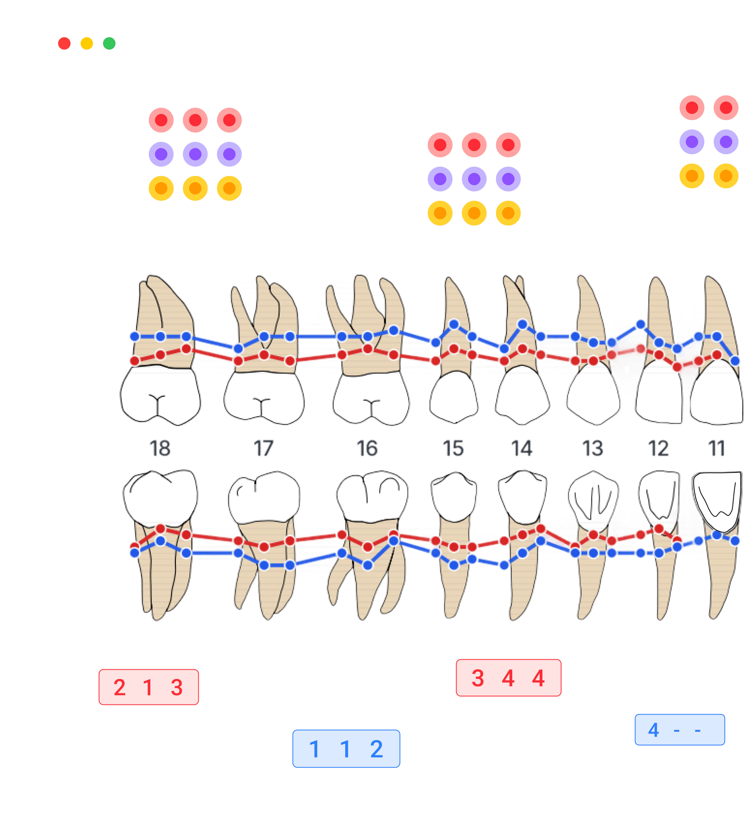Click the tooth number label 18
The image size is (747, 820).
[x=160, y=449]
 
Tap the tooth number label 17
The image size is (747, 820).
[x=263, y=449]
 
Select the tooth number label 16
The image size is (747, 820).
[x=367, y=449]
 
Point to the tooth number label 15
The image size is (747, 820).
[x=453, y=449]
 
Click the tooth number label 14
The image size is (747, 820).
[x=522, y=449]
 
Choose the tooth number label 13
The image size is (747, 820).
[x=592, y=449]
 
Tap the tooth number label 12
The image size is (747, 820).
[x=658, y=449]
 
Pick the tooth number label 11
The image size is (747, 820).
[x=716, y=449]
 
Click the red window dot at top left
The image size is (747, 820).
[x=64, y=43]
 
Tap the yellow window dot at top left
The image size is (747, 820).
[x=87, y=43]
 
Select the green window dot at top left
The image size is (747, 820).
[x=109, y=43]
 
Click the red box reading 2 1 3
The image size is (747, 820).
[x=148, y=687]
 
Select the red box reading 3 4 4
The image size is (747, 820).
[x=508, y=678]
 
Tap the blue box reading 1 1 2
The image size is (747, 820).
[x=346, y=749]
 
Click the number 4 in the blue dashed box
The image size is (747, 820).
[x=654, y=730]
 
